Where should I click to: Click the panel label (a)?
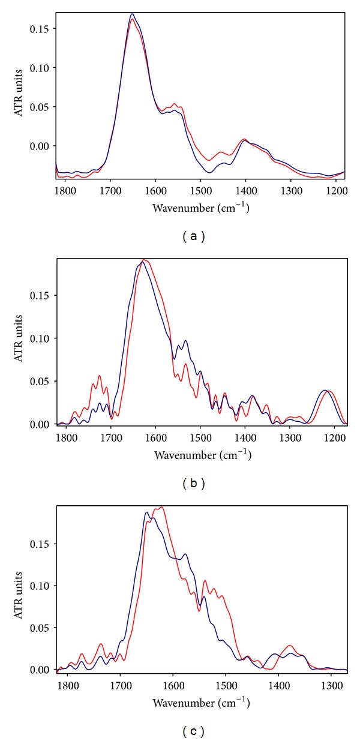[x=194, y=236]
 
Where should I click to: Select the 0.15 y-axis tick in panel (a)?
[x=42, y=28]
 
